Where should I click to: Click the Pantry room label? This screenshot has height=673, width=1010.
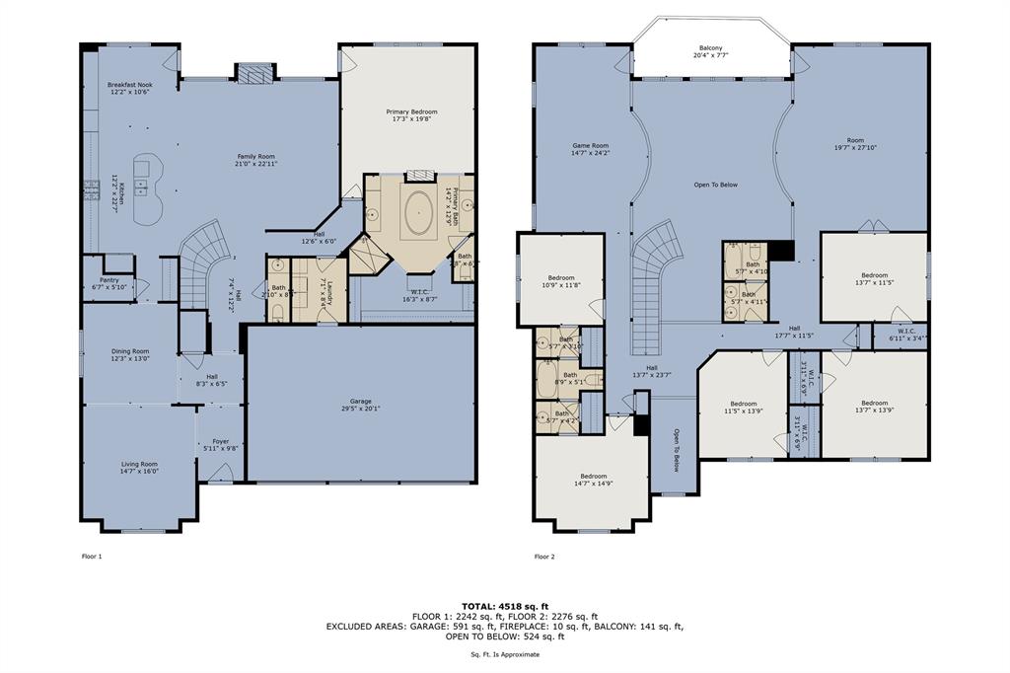[x=108, y=283]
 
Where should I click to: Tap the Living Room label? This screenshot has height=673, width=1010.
[x=139, y=467]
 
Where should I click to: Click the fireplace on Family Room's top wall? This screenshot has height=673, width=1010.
[x=252, y=74]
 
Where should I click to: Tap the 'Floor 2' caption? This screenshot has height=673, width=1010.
[x=544, y=557]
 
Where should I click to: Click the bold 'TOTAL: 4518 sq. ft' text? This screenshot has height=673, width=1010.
[x=504, y=605]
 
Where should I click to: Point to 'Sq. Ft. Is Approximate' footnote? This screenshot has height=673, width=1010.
[x=505, y=655]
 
